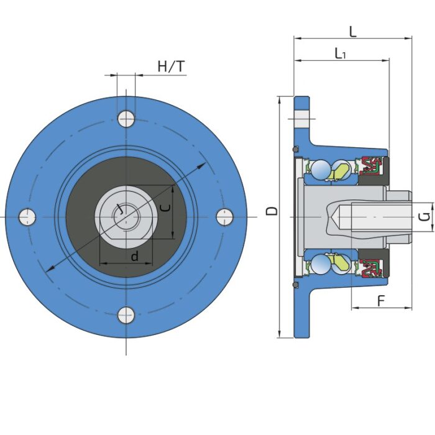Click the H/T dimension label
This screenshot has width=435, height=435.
[171, 66]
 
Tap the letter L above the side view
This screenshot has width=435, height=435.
[352, 31]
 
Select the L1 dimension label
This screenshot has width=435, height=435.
[341, 53]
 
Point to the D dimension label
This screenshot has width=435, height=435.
[272, 211]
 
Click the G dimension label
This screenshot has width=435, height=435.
[423, 217]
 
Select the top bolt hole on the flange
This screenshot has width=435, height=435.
[126, 118]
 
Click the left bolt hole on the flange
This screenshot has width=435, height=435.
[27, 217]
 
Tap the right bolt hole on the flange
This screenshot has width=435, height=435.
[225, 217]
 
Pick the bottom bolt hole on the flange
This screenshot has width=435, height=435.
[126, 316]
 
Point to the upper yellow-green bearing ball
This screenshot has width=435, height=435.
[342, 170]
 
